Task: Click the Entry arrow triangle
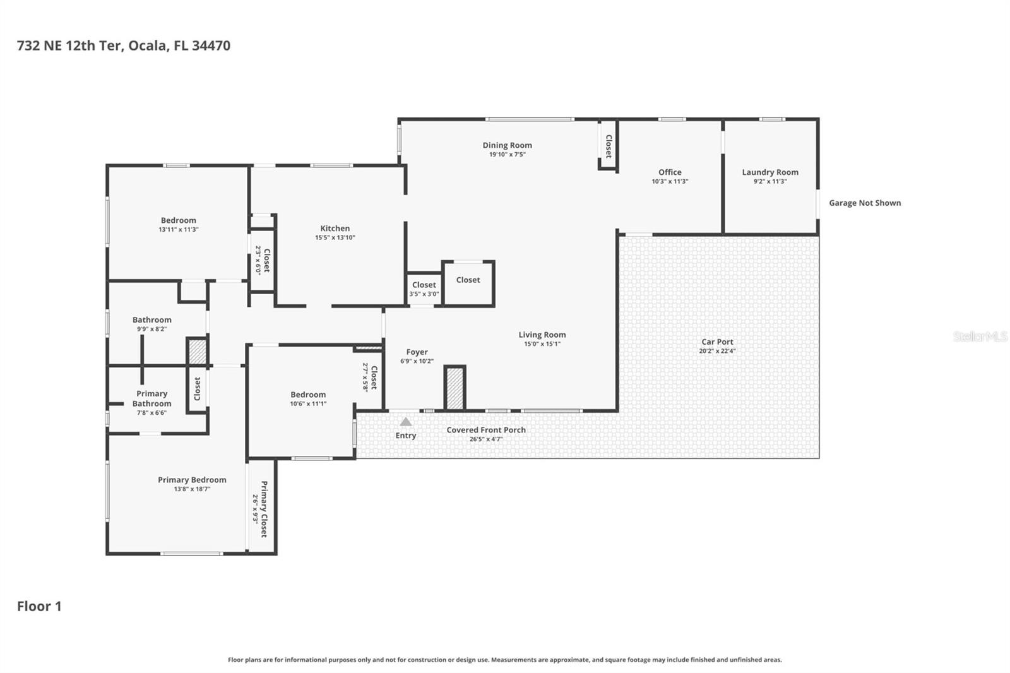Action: (x=406, y=422)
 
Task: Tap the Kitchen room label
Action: (x=335, y=229)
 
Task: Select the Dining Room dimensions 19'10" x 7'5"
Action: (x=507, y=155)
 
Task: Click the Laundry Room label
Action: (x=770, y=172)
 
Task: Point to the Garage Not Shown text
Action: (x=865, y=203)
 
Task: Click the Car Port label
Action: (x=717, y=342)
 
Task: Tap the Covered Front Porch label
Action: (x=486, y=431)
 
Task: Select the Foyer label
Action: (x=417, y=352)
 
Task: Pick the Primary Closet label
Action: (x=264, y=509)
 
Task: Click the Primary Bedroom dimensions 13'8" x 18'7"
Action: (x=192, y=489)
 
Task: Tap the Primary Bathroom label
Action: (x=151, y=399)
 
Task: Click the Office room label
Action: (x=670, y=172)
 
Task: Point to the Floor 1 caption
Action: (x=39, y=607)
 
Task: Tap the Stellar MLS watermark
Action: (x=980, y=336)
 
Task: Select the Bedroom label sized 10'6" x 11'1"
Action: (x=308, y=395)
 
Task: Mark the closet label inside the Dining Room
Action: (x=609, y=146)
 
